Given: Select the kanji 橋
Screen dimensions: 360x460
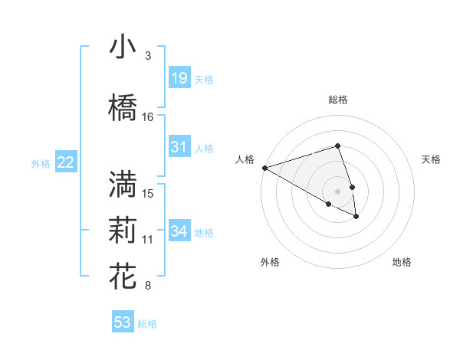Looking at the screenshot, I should [123, 108].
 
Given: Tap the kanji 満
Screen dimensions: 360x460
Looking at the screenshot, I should [123, 185].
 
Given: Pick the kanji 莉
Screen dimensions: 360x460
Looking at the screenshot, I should [123, 231].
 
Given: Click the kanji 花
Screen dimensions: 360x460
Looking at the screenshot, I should [123, 277].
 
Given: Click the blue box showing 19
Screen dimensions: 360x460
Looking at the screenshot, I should [179, 78].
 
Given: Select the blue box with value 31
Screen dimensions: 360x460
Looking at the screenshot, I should [179, 147].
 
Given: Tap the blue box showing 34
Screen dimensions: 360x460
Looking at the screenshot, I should [179, 231].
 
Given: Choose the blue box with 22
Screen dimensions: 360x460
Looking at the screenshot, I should [65, 162].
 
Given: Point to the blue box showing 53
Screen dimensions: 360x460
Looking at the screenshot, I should [123, 322].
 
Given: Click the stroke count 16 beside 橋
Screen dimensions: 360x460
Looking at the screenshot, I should [148, 117].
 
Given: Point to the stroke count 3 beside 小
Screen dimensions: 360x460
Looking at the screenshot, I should [148, 56].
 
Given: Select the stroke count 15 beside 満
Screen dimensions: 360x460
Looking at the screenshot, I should [148, 193].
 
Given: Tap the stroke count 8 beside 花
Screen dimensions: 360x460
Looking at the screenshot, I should [148, 286].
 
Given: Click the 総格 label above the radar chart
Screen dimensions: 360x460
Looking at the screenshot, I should [337, 100].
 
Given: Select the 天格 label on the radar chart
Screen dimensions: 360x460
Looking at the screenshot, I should [431, 159].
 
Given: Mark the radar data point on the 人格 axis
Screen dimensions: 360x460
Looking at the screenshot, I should [264, 168].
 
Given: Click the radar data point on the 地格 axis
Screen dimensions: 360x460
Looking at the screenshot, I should [356, 217].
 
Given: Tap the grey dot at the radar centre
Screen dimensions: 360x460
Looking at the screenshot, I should [337, 191].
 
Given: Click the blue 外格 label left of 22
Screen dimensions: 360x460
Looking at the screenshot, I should [41, 163].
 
